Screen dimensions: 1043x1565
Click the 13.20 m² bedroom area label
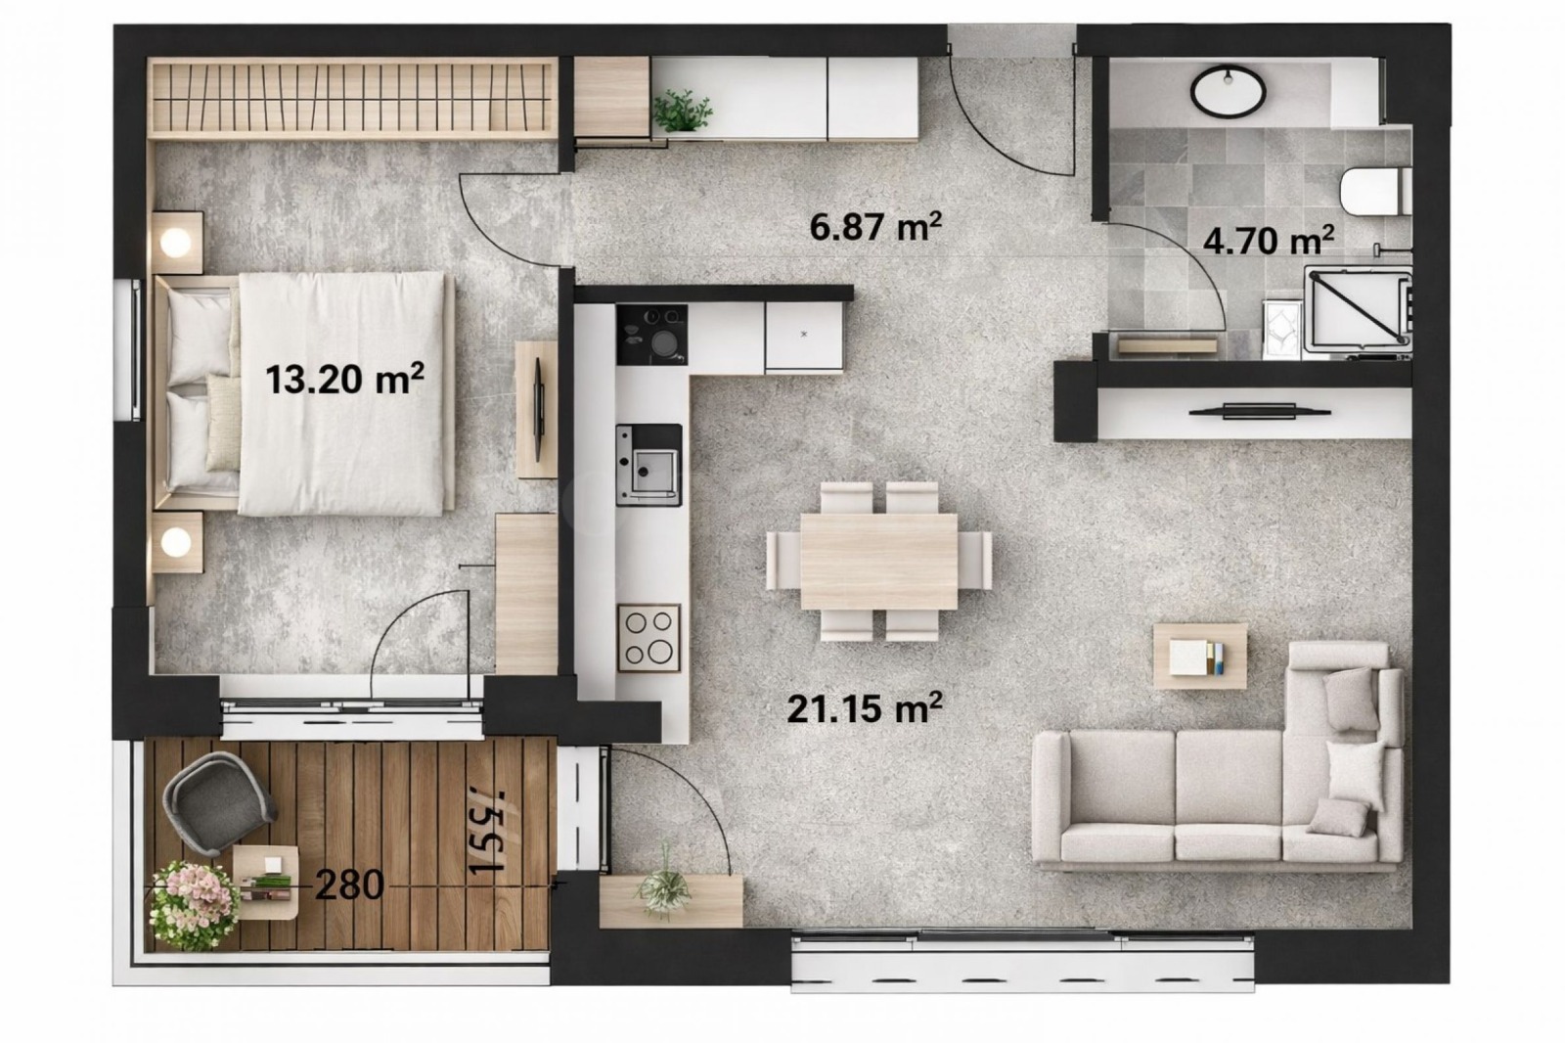pos(344,378)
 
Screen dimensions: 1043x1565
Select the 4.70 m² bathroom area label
pos(1269,239)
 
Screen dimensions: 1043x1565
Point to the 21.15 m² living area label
pos(865,706)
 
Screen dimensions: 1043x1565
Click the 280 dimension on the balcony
pos(349,884)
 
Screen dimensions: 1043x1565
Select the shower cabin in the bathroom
pos(1358,308)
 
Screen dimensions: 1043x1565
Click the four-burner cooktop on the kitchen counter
pos(648,637)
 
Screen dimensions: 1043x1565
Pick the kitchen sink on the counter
pos(648,466)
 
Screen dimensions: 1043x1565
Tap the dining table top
pos(878,561)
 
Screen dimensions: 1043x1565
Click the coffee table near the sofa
pos(1200,656)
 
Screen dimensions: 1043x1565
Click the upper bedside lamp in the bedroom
pos(177,241)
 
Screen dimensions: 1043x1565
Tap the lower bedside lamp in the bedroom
pos(177,542)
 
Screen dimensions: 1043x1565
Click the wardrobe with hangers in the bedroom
pos(352,98)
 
